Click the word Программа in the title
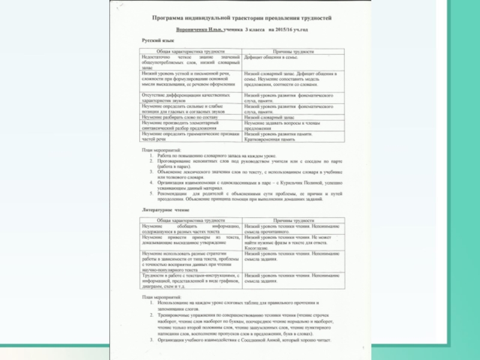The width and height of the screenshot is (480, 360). [171, 19]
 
